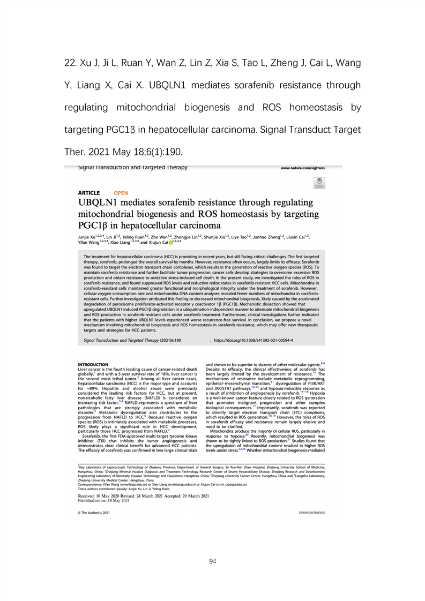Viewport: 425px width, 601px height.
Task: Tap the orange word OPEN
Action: coord(121,193)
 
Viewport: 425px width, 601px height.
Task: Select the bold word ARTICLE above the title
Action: coord(89,193)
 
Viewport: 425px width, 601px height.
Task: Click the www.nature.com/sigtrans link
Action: coord(311,168)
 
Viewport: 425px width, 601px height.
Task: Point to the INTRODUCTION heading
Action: coord(93,364)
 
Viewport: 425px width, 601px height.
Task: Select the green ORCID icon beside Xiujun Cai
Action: coord(170,242)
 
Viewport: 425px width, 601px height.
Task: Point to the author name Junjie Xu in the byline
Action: coord(91,236)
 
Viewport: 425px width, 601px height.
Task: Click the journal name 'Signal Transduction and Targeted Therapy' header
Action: coord(133,168)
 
